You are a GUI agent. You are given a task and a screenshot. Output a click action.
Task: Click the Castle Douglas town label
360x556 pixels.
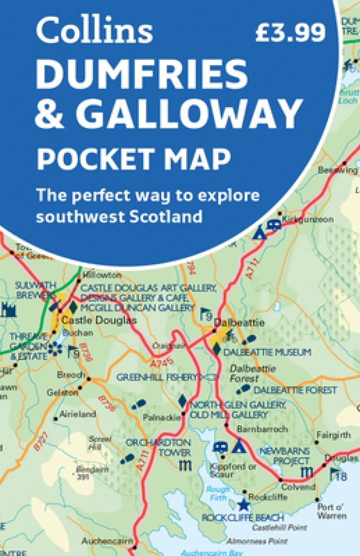[x=99, y=321]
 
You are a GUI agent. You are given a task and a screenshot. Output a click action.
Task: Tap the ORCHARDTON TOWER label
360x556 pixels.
[x=158, y=447]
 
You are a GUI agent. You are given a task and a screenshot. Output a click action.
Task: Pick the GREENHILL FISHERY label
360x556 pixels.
[x=157, y=377]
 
